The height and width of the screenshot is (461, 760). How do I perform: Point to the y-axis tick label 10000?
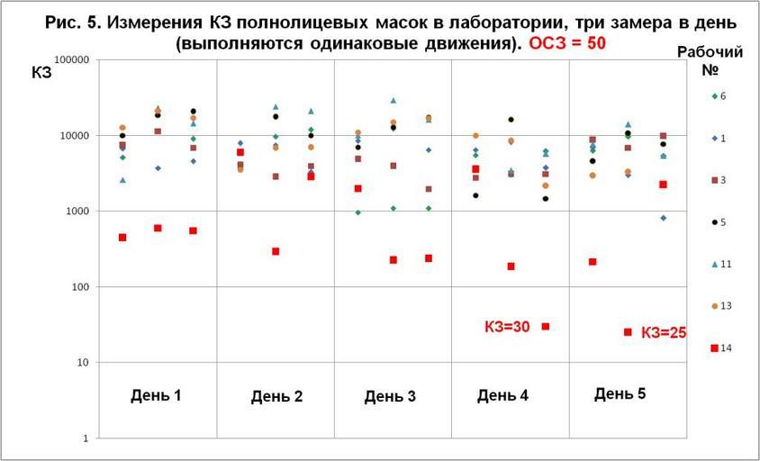pos(73,135)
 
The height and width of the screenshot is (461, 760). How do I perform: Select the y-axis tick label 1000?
pos(76,211)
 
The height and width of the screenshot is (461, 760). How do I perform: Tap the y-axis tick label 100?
pos(78,287)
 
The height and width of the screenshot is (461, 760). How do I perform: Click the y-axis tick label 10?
pos(81,363)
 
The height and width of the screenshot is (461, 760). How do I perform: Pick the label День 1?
pos(156,394)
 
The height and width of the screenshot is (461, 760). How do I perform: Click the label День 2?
pos(276,396)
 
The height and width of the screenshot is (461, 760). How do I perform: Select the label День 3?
pos(390,396)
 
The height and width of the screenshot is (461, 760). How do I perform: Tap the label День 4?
pos(502,395)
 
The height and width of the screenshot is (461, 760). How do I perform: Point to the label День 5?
pos(620,393)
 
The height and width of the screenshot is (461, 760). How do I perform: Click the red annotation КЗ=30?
pos(507,328)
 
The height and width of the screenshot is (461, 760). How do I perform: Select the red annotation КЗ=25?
pos(664,332)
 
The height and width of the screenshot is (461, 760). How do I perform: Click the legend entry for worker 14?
pos(725,348)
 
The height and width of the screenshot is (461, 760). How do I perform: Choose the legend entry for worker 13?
pos(725,306)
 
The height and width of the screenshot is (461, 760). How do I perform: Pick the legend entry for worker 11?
pos(725,264)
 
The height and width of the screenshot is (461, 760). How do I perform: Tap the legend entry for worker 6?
pos(725,95)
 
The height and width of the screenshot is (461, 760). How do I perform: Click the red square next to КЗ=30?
pos(546,326)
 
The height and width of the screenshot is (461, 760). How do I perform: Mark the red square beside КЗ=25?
pos(628,332)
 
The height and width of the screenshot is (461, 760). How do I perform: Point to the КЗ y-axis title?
pos(42,74)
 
